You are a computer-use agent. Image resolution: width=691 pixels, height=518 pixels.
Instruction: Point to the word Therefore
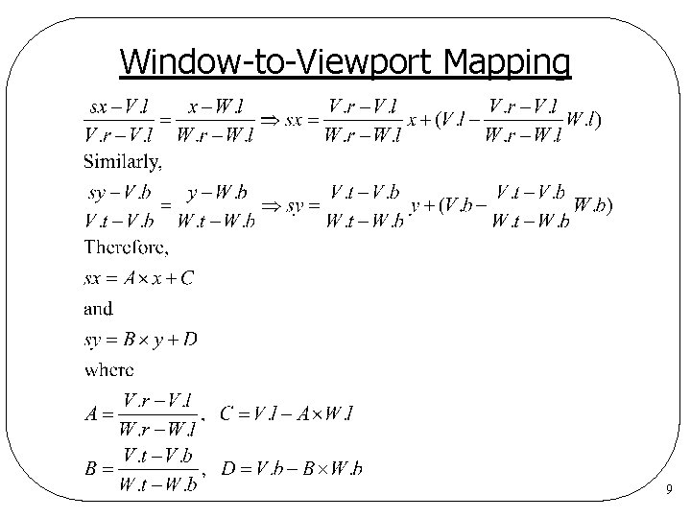tap(127, 247)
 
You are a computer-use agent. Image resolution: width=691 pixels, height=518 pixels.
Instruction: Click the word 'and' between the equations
tap(98, 308)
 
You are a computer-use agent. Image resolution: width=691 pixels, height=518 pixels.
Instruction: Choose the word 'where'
tap(109, 368)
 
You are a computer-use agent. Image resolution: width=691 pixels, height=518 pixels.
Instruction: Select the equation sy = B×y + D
tap(140, 339)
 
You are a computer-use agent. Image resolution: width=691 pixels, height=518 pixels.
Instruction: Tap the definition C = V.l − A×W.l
tap(287, 414)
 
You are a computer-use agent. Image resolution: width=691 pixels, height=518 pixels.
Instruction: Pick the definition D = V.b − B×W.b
tap(292, 469)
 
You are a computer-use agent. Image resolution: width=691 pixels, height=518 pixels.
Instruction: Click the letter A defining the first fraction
tap(93, 414)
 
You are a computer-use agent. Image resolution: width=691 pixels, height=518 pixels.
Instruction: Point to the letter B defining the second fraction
tap(93, 469)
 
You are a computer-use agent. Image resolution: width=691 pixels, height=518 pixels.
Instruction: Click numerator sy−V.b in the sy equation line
tap(122, 193)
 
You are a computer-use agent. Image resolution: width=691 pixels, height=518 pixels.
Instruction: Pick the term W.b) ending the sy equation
tap(591, 204)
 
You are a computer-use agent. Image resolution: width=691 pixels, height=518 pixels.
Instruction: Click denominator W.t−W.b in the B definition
tap(158, 484)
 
